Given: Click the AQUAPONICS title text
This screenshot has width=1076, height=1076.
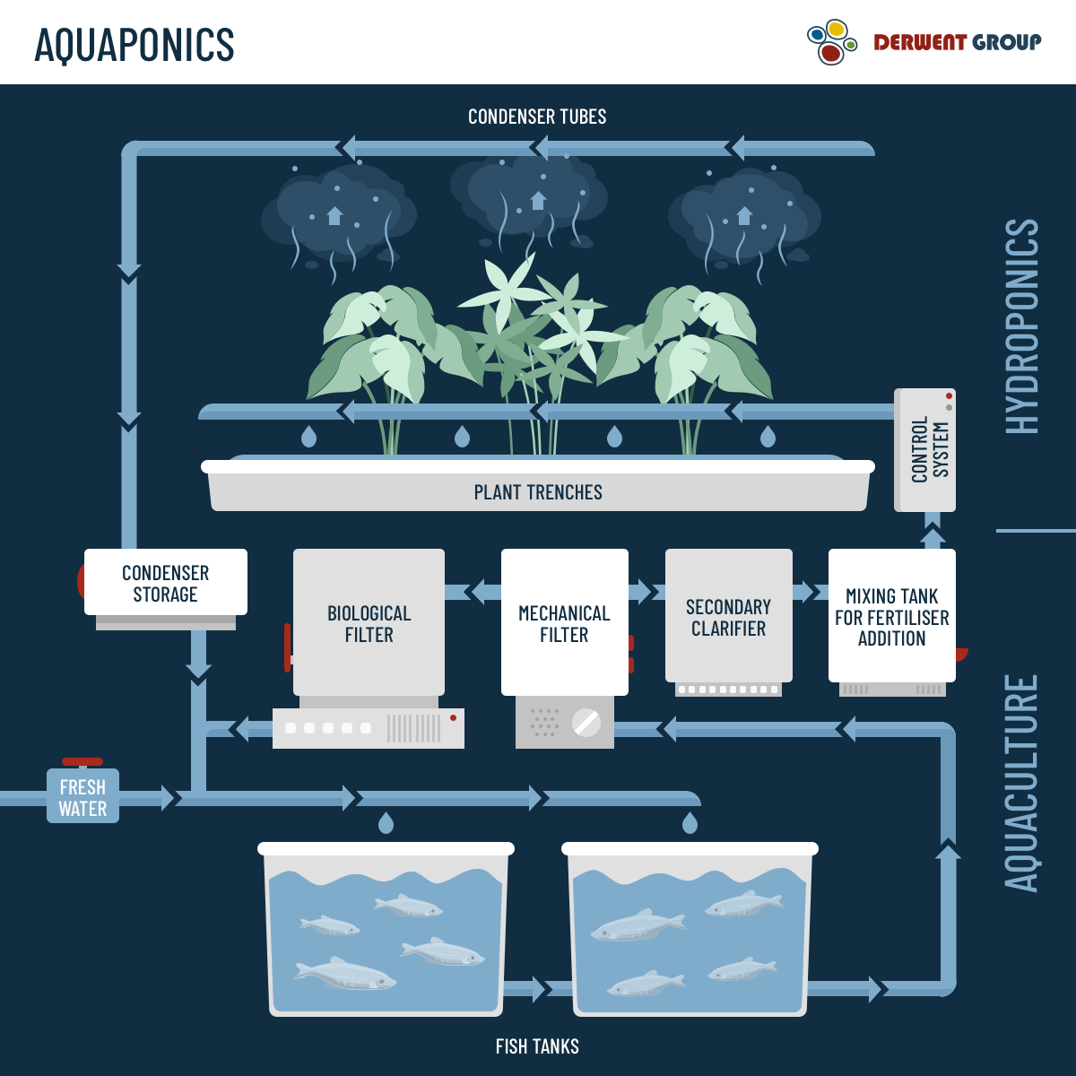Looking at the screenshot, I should pos(134,45).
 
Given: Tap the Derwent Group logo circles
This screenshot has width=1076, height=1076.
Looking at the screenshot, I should pos(831,42).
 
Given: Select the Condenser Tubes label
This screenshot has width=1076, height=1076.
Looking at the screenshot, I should pos(537,117).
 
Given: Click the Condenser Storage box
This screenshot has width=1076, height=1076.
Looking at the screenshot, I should pos(165,583).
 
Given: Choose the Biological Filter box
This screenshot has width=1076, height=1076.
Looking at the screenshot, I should pos(369,623).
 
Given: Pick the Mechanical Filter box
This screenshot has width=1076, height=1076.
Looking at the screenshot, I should pos(564,623).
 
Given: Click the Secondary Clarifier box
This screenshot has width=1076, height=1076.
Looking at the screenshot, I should pos(728,617).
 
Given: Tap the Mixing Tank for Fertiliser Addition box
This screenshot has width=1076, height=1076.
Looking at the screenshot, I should pos(891,617).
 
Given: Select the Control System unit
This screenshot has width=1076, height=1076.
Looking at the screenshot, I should pos(925,450).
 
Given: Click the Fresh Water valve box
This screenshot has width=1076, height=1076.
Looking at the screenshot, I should pos(82,797).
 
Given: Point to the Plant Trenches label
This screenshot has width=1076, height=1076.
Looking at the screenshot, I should pos(538,492).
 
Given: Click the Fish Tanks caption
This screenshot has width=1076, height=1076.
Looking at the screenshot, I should pos(537,1046).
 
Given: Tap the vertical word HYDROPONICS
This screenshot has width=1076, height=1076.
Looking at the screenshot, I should pos(1021,327).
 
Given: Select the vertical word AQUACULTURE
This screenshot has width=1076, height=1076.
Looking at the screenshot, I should pos(1021,783).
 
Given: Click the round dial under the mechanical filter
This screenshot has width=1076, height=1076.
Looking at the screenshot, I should pos(586,723).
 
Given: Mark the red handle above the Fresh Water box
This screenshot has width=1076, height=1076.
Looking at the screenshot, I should pos(82,762).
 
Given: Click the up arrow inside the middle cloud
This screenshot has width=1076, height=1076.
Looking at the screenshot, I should pos(538,201).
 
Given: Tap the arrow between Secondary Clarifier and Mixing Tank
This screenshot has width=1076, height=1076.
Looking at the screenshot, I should pos(807,592).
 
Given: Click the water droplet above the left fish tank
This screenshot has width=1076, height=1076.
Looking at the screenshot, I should pos(386,822).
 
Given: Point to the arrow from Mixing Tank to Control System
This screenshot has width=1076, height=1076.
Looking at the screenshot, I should pos(933,534).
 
